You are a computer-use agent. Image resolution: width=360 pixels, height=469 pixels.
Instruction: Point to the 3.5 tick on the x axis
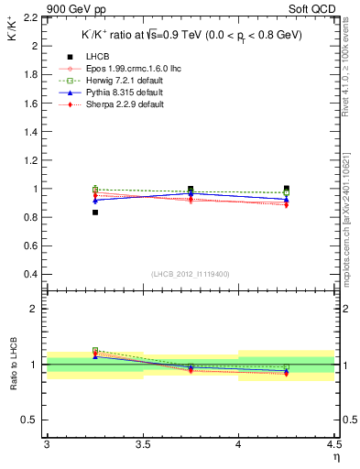(142, 446)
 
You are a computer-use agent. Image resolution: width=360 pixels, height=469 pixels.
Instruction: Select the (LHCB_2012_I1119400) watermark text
(191, 274)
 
